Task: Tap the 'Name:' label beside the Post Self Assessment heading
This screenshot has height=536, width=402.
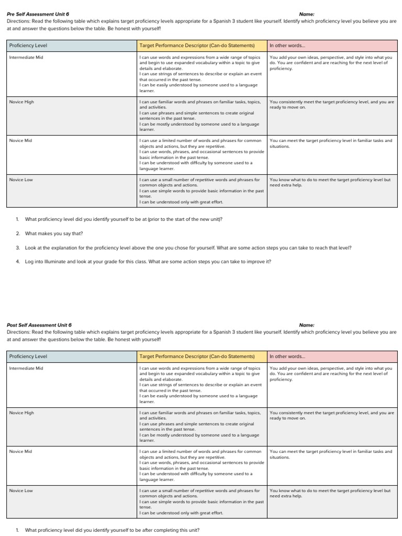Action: [x=307, y=325]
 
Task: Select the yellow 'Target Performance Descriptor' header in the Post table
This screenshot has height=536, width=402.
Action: [x=197, y=356]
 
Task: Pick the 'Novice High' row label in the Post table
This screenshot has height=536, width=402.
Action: [x=21, y=413]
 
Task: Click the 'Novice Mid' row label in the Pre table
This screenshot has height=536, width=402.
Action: [x=20, y=141]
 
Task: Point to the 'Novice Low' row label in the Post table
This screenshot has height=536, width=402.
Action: [x=21, y=490]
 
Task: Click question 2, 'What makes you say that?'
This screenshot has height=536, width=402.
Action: [x=54, y=233]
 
